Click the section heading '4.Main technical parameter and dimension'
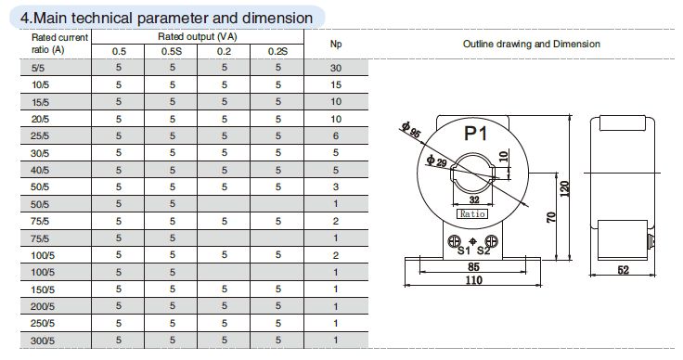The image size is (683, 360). point(166,18)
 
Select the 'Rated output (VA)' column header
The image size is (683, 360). point(198,36)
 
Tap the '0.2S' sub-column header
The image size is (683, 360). point(277,51)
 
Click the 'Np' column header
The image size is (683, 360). point(336,44)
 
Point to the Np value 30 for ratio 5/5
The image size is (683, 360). point(336,68)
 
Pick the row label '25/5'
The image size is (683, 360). point(40,135)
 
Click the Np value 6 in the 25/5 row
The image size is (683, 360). point(336,135)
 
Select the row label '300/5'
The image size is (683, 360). point(43,341)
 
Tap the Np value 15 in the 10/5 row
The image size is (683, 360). point(336,84)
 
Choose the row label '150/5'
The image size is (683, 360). point(43,289)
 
